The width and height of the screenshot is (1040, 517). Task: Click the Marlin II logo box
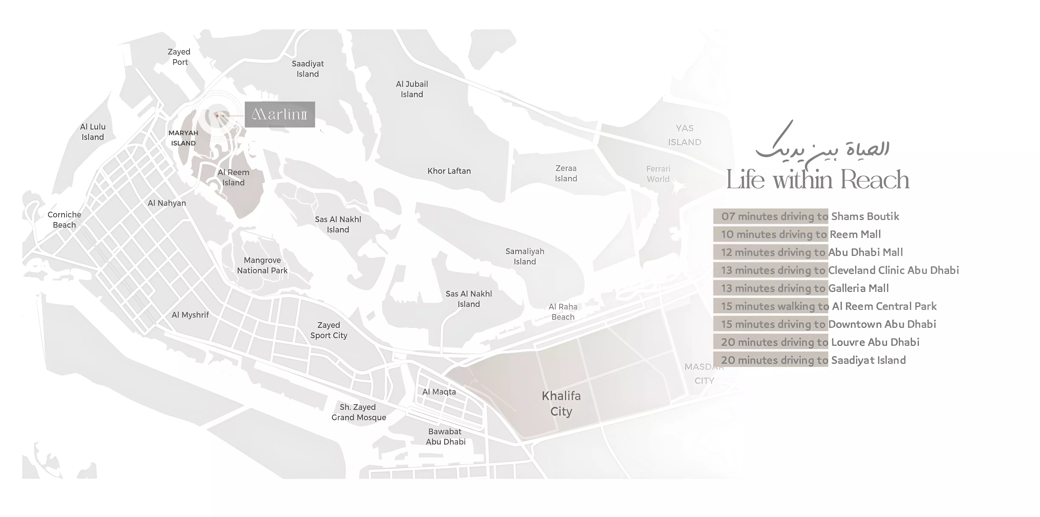pyautogui.click(x=279, y=115)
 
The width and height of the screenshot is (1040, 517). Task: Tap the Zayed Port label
pyautogui.click(x=179, y=57)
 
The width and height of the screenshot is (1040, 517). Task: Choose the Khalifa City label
pyautogui.click(x=561, y=404)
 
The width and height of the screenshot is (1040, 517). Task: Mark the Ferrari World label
pyautogui.click(x=658, y=174)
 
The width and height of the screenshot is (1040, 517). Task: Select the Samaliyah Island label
pyautogui.click(x=525, y=256)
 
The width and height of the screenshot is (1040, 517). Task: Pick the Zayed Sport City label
pyautogui.click(x=329, y=330)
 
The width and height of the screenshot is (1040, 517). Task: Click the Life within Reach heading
pyautogui.click(x=817, y=180)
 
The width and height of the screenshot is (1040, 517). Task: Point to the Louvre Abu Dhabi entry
pyautogui.click(x=875, y=342)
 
